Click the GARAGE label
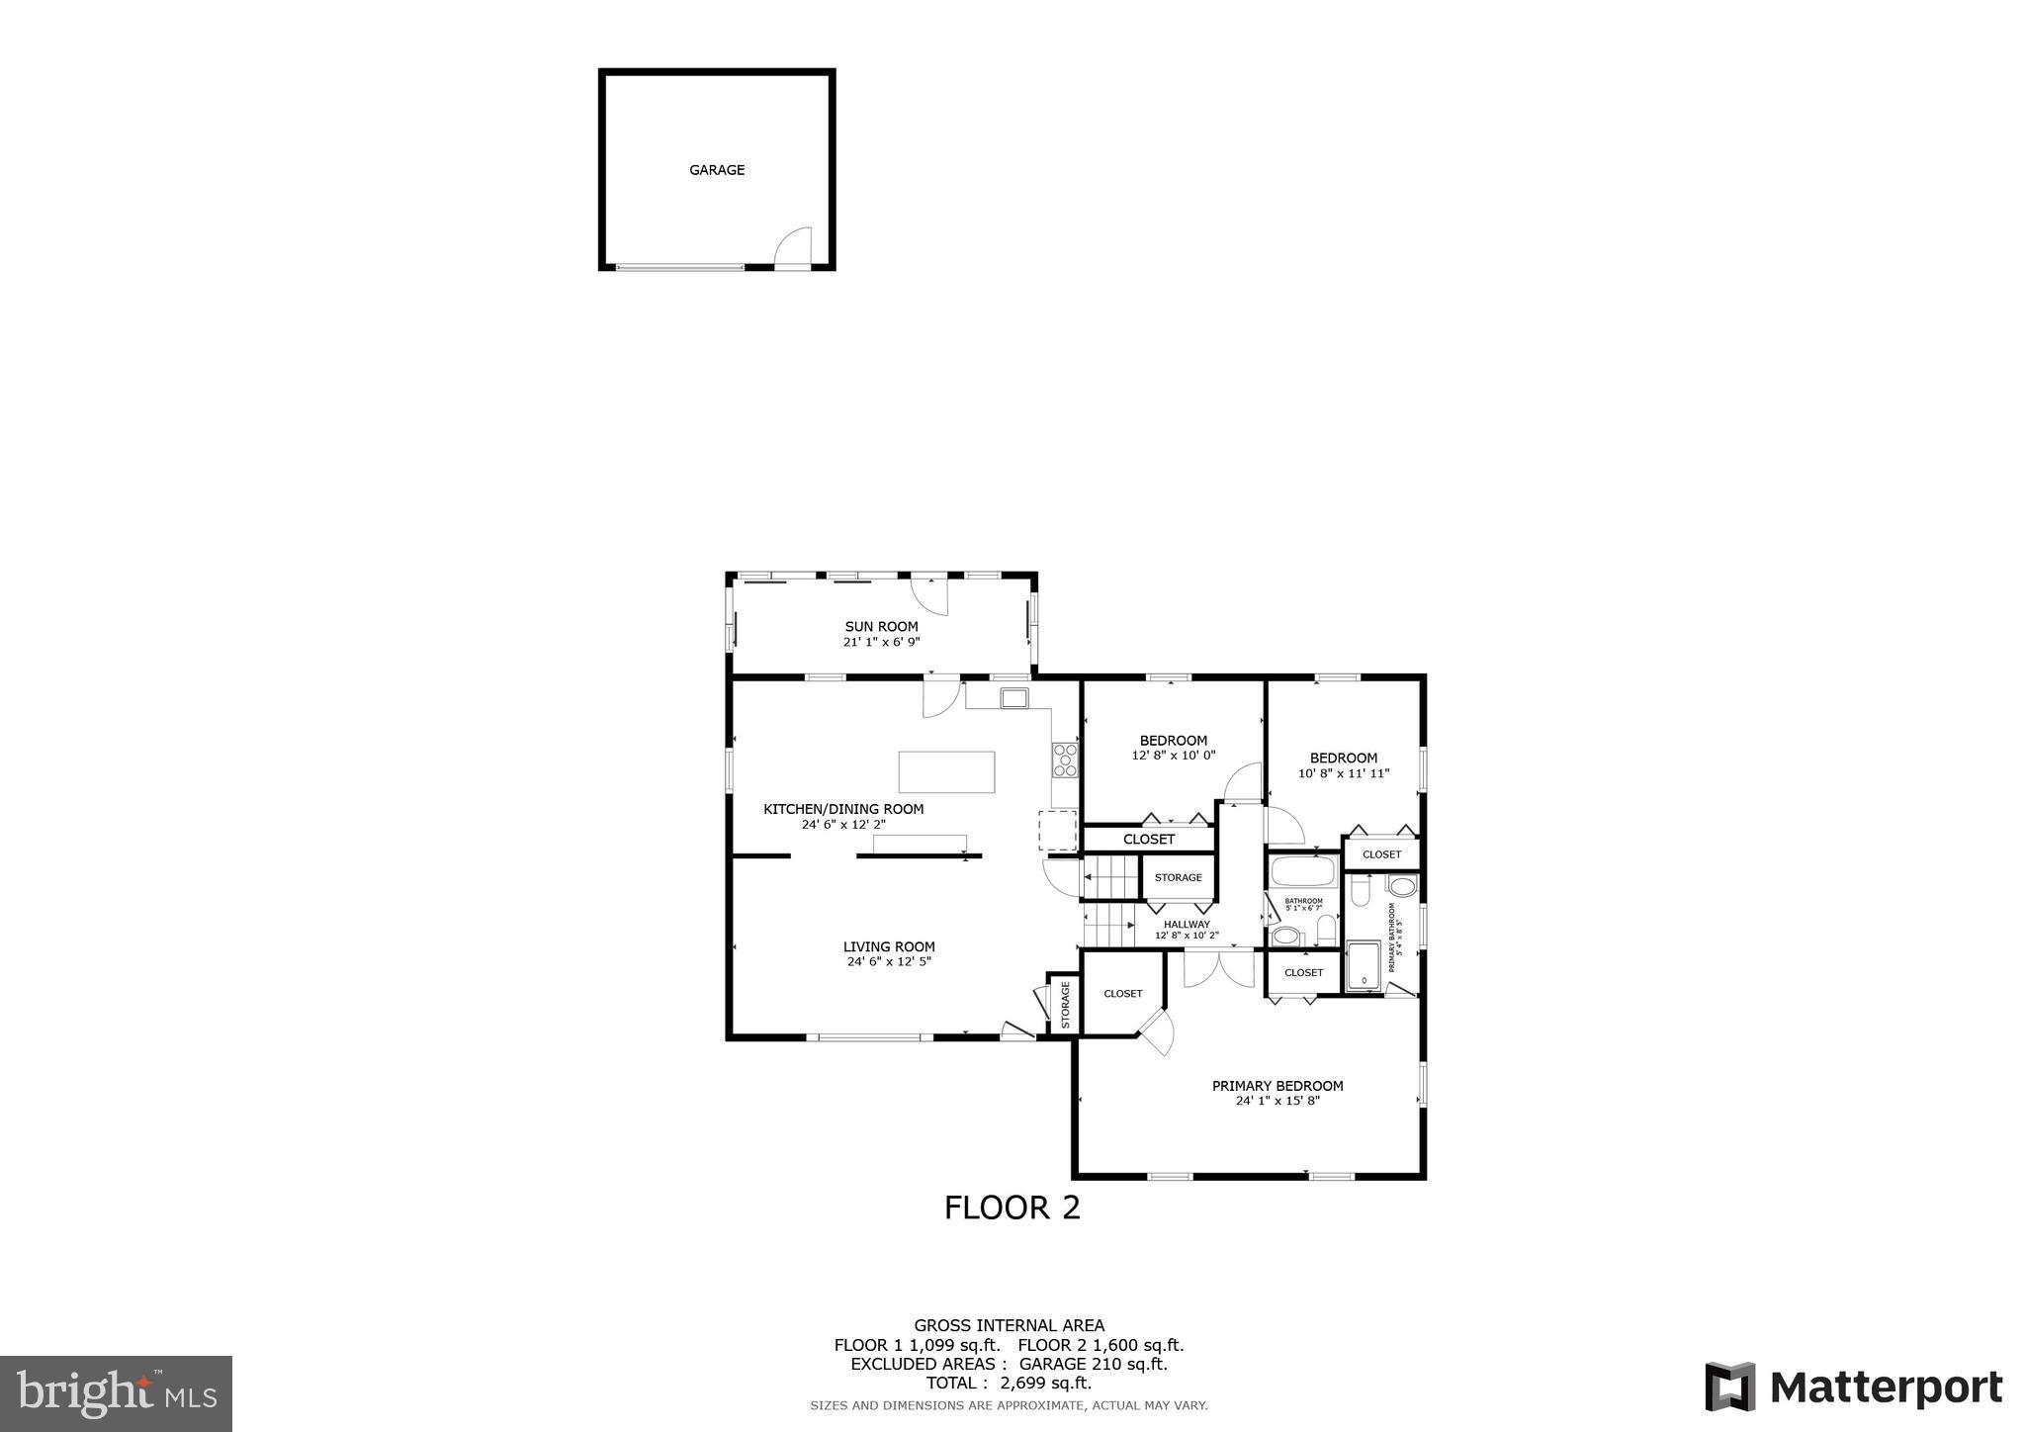click(717, 170)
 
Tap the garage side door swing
click(794, 246)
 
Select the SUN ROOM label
click(881, 626)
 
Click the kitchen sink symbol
click(1014, 698)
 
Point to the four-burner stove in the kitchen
click(1065, 760)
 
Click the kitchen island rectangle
click(946, 771)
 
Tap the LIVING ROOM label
click(889, 946)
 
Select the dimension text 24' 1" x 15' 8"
click(1277, 1100)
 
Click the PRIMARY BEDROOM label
click(1277, 1086)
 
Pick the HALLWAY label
click(1187, 925)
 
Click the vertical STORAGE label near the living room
click(1066, 1005)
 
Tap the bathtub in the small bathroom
click(1303, 872)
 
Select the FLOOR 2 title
click(1012, 1208)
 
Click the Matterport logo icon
click(1729, 1387)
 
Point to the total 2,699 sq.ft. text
click(1009, 1384)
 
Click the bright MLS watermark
click(116, 1393)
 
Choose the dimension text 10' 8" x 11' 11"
click(1344, 773)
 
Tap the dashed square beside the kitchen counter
click(1057, 830)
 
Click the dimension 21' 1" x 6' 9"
click(881, 642)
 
